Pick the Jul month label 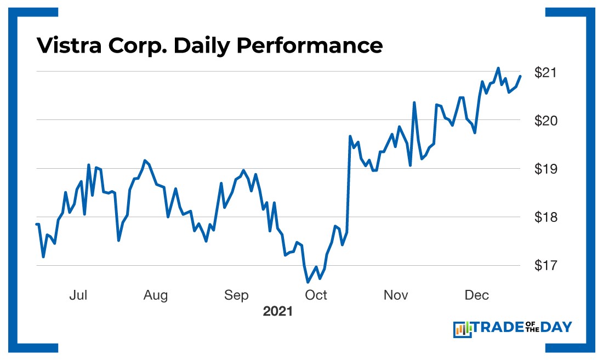[x=78, y=295]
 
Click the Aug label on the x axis [x=156, y=295]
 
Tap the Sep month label [x=236, y=295]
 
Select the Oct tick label [x=316, y=295]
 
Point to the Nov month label [x=396, y=295]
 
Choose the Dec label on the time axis [x=476, y=295]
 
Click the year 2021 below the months [x=278, y=312]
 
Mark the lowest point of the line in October [x=308, y=282]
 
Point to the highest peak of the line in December [x=498, y=68]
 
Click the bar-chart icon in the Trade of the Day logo [x=462, y=329]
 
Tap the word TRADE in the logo [x=496, y=328]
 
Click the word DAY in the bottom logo [x=556, y=328]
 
